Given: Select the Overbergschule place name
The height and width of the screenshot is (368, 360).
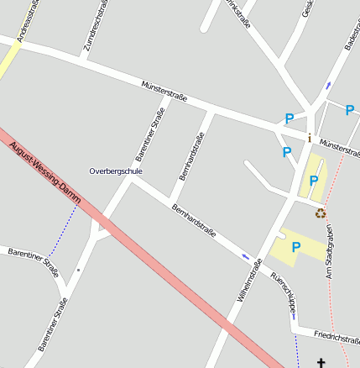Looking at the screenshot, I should (116, 171).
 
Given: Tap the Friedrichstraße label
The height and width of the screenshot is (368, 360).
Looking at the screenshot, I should (336, 338).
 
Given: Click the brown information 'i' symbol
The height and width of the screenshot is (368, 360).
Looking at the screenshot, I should (310, 138).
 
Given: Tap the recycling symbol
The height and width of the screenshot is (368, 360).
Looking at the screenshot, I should (320, 213).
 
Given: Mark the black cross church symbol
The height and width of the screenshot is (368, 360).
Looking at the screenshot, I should (320, 362).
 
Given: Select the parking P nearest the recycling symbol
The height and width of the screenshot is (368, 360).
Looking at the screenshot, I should (314, 181).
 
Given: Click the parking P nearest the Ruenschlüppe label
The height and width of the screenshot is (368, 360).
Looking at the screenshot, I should (295, 247).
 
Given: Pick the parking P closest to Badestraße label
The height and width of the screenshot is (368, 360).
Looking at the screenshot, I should (350, 109).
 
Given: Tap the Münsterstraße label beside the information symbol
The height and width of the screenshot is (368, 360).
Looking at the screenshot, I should (340, 147).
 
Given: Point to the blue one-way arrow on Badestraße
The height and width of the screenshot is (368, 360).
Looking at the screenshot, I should (328, 85).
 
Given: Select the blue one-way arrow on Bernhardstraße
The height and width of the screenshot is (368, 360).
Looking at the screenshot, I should (245, 256).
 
